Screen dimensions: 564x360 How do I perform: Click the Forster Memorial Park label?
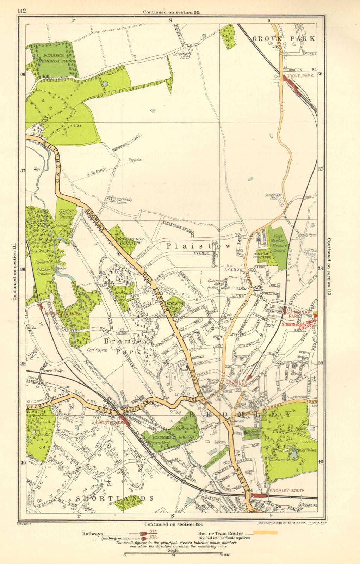(54, 58)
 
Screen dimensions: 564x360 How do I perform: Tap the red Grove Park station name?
(300, 76)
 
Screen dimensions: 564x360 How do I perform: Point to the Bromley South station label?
(287, 490)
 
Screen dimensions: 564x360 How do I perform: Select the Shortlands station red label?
(109, 422)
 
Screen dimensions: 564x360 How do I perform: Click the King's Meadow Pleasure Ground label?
(279, 243)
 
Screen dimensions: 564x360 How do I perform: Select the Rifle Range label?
(96, 172)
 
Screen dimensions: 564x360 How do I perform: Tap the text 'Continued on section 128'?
(170, 524)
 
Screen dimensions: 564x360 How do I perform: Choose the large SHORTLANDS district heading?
(115, 498)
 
